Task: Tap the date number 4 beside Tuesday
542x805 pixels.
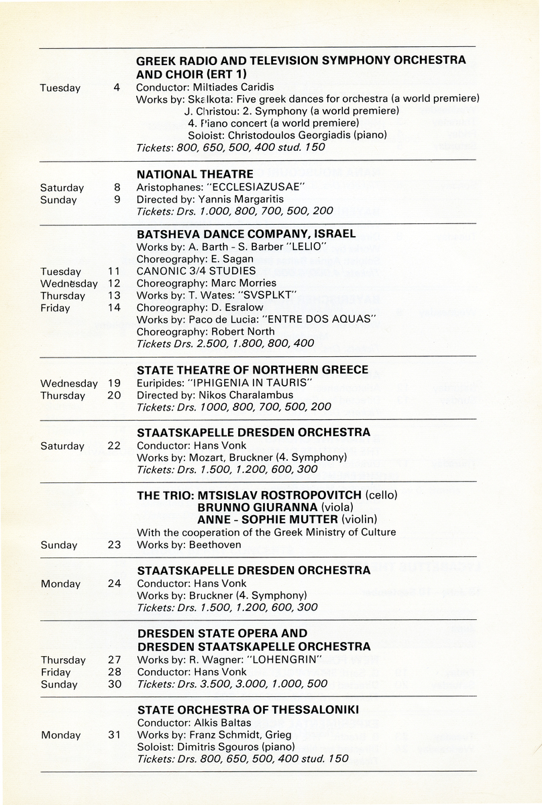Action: pos(116,88)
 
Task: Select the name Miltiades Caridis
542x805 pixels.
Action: pos(228,87)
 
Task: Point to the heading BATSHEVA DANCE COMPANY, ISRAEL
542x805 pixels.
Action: pos(246,234)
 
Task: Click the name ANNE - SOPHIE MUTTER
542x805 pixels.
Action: pos(268,519)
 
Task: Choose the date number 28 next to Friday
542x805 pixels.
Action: pos(113,672)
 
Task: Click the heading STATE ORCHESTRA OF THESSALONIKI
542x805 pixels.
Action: pos(248,710)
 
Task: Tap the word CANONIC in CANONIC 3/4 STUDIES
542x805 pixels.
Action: pos(159,271)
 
